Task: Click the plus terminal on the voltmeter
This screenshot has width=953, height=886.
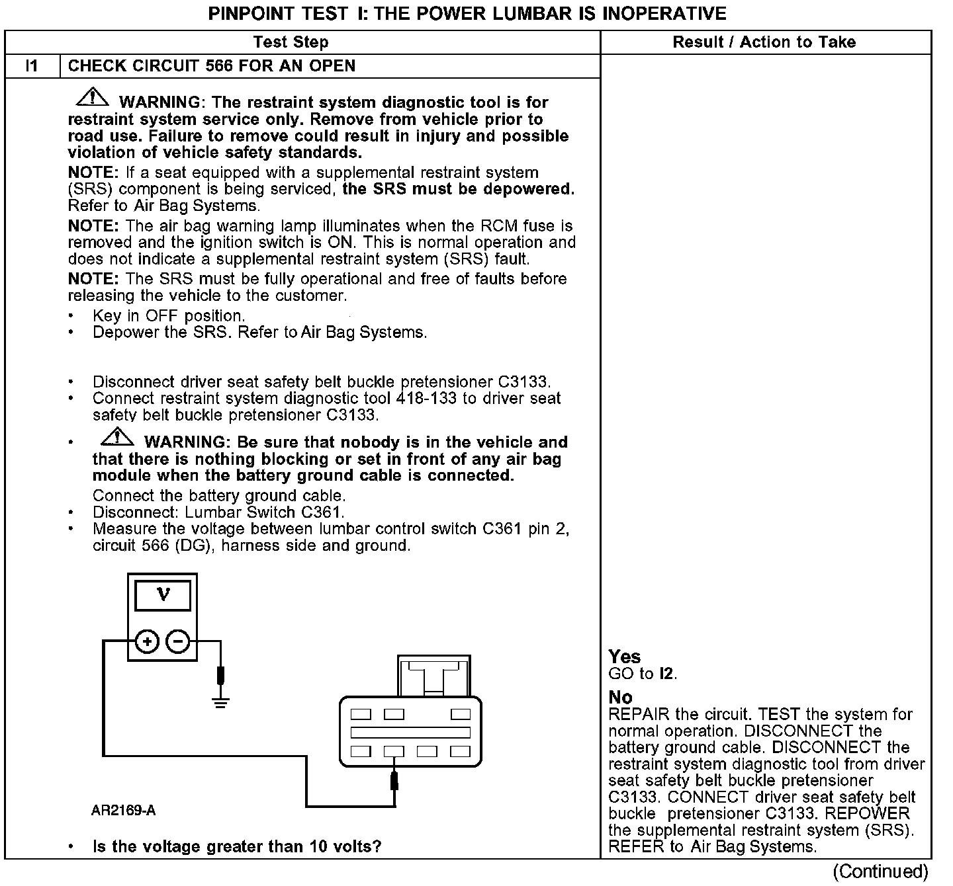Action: click(x=147, y=641)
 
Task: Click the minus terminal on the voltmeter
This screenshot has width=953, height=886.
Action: click(x=177, y=641)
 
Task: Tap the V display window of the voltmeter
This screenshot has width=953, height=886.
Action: click(x=163, y=596)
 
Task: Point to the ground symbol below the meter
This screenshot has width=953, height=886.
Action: click(x=221, y=701)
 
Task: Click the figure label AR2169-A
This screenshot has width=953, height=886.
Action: click(x=124, y=811)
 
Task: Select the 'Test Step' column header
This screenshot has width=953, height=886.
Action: click(x=291, y=42)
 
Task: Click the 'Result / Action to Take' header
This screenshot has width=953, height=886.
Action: click(x=764, y=42)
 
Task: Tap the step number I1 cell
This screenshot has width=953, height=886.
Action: click(x=32, y=66)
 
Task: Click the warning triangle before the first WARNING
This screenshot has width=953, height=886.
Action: click(x=93, y=98)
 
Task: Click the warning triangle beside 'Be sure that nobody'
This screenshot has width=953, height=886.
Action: click(x=118, y=437)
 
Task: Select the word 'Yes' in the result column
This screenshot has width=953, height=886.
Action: click(x=625, y=657)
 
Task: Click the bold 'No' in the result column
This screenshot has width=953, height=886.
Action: click(x=620, y=698)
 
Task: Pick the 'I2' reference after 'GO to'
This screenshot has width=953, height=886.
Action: click(x=668, y=674)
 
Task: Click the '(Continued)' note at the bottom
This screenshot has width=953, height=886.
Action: click(x=880, y=871)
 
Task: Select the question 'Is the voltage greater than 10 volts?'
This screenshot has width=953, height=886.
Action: click(x=237, y=846)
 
